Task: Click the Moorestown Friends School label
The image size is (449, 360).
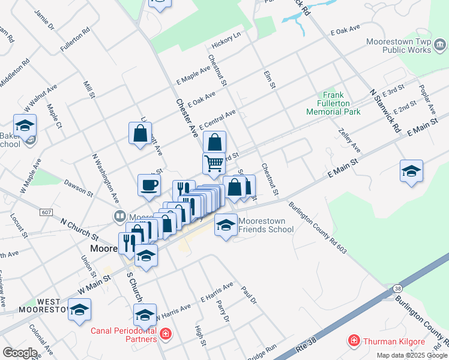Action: point(266,225)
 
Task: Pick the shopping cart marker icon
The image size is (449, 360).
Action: point(214,163)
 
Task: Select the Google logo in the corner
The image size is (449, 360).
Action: point(19,353)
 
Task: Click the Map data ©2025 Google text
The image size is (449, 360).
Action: point(412,355)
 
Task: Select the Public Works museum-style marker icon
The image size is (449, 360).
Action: point(440,46)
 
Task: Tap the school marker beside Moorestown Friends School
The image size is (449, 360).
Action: point(226,225)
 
